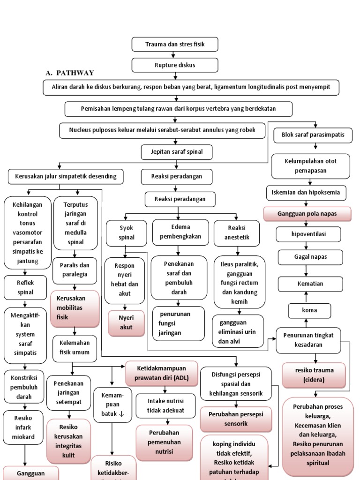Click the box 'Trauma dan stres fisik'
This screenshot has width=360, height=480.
point(175,45)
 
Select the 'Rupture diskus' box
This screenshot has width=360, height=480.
point(175,65)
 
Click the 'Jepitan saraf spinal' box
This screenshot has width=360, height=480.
point(176,152)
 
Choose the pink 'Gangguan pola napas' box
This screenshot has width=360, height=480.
point(307,214)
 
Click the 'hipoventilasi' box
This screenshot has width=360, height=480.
point(307,234)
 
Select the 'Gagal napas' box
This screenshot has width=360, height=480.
point(307,257)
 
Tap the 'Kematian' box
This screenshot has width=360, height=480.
point(307,284)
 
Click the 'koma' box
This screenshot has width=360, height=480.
point(309,310)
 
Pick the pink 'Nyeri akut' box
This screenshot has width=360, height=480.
point(126,323)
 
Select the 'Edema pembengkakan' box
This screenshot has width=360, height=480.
point(180,232)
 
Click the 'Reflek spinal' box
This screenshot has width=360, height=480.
point(26,287)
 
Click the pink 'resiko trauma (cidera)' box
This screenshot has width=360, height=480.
point(314,375)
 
